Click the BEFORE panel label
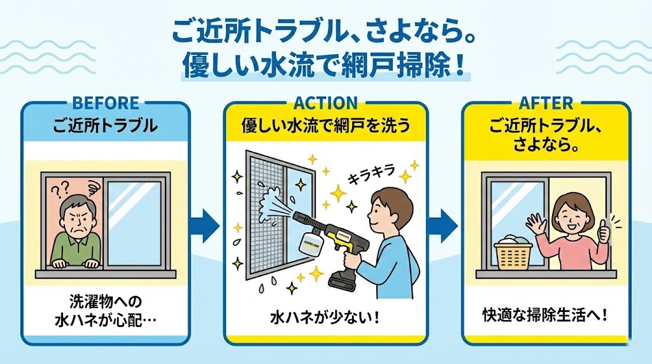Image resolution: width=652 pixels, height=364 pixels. tap(105, 102)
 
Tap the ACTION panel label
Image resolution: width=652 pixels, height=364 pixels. tap(325, 102)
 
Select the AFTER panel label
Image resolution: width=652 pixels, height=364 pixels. tap(546, 102)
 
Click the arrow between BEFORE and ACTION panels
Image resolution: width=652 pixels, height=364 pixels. tap(205, 224)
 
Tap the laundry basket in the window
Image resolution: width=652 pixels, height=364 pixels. tap(513, 252)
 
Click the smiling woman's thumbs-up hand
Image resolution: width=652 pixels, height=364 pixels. tap(603, 229)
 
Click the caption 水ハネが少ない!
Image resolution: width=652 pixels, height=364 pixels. tap(325, 316)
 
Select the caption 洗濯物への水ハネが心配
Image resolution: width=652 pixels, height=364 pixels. tap(105, 308)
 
